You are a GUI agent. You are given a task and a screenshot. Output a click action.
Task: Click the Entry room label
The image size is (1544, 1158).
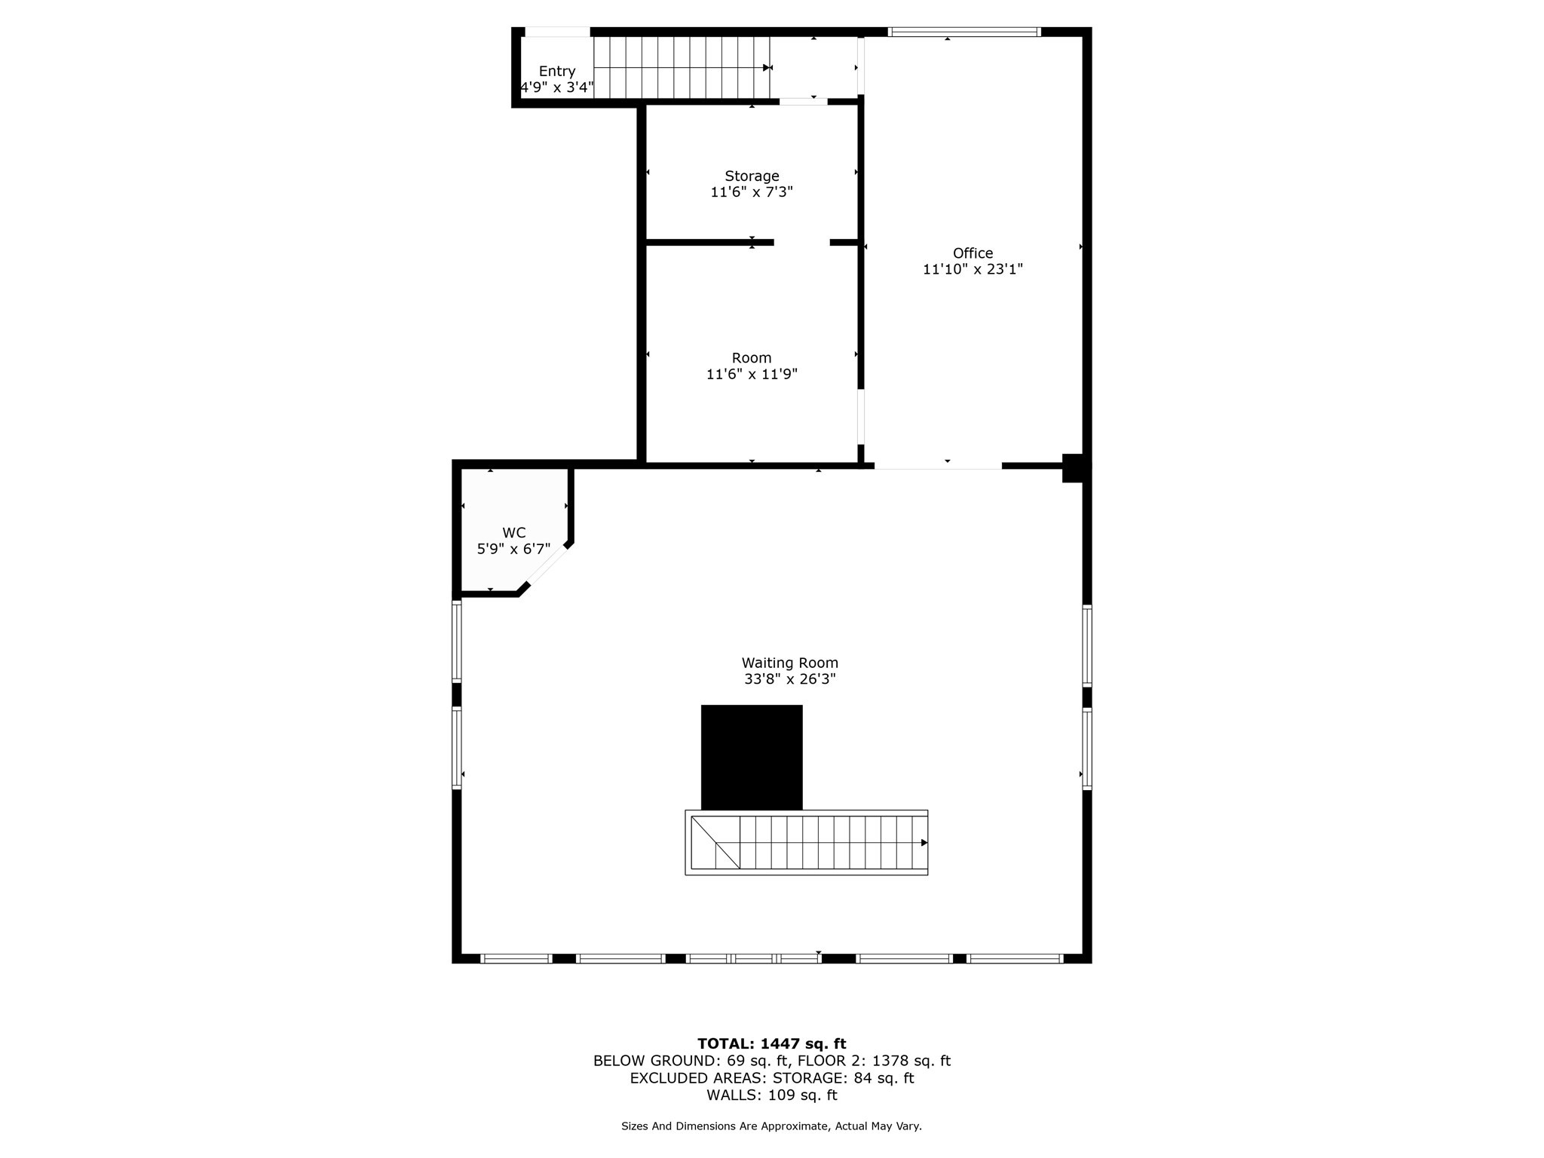coord(557,72)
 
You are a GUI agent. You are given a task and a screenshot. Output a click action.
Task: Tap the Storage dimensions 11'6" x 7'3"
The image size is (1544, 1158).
coord(752,192)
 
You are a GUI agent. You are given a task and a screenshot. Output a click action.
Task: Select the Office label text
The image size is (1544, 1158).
coord(973,253)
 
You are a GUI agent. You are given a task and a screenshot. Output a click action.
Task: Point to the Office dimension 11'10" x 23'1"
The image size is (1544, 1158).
coord(973,269)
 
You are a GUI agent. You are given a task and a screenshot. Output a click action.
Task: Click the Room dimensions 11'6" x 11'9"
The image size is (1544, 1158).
coord(752,374)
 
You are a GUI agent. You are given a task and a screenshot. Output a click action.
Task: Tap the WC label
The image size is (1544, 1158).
coord(513,533)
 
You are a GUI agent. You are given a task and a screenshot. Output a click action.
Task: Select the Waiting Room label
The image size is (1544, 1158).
coord(789,663)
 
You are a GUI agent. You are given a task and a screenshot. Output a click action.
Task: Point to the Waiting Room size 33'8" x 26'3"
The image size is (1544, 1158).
coord(789,679)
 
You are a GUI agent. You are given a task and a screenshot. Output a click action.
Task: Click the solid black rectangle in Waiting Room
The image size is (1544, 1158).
coord(752,757)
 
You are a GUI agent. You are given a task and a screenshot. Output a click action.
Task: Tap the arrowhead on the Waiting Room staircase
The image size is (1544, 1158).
coord(924,843)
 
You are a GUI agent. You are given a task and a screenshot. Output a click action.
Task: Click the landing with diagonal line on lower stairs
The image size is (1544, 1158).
coord(715,843)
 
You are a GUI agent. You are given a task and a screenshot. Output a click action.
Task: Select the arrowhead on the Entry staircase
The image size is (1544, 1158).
coord(767,68)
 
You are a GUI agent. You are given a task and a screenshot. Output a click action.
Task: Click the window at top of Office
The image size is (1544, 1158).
coord(964,32)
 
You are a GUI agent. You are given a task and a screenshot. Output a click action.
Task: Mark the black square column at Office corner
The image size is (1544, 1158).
coord(1075,467)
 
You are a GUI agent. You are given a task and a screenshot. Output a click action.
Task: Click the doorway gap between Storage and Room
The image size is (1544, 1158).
coord(801,243)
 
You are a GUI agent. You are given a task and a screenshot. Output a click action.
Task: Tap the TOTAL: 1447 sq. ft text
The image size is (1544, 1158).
coord(771,1044)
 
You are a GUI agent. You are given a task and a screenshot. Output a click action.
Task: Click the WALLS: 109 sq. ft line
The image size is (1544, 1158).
coord(771,1095)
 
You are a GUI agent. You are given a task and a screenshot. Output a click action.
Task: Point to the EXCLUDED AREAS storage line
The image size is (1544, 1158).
coord(771,1078)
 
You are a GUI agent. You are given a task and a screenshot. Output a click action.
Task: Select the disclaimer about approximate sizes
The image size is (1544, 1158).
coord(771,1126)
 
